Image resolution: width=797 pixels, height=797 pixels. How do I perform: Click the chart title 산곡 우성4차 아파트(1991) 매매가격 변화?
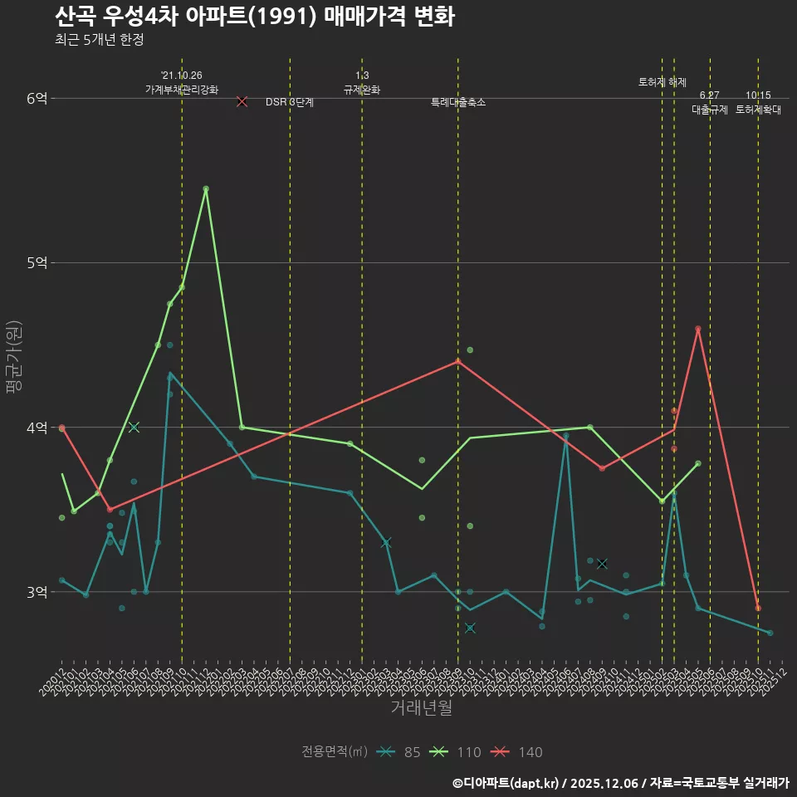click(x=255, y=17)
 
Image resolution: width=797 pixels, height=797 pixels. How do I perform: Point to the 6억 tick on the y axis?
click(x=37, y=98)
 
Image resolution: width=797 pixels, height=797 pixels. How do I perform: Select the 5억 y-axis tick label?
click(x=37, y=262)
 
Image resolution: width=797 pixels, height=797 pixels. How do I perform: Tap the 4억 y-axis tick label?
click(x=37, y=428)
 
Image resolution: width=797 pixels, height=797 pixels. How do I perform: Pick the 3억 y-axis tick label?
click(x=37, y=592)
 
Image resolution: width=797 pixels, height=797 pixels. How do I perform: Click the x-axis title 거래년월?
click(x=421, y=708)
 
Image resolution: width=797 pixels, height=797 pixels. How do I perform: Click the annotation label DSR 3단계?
click(x=290, y=102)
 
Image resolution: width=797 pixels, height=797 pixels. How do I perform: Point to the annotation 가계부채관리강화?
click(x=182, y=89)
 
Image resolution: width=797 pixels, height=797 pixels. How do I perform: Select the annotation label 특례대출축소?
click(x=458, y=102)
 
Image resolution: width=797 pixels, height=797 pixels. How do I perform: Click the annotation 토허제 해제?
click(x=663, y=82)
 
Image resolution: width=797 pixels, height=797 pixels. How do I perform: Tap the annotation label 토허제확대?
click(x=758, y=109)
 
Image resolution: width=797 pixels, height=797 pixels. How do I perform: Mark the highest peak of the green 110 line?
click(x=206, y=188)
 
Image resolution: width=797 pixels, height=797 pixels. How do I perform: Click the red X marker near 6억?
click(x=242, y=101)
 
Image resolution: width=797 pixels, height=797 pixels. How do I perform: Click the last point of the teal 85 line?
click(x=770, y=633)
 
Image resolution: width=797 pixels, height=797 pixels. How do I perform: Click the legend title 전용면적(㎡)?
click(x=334, y=752)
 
